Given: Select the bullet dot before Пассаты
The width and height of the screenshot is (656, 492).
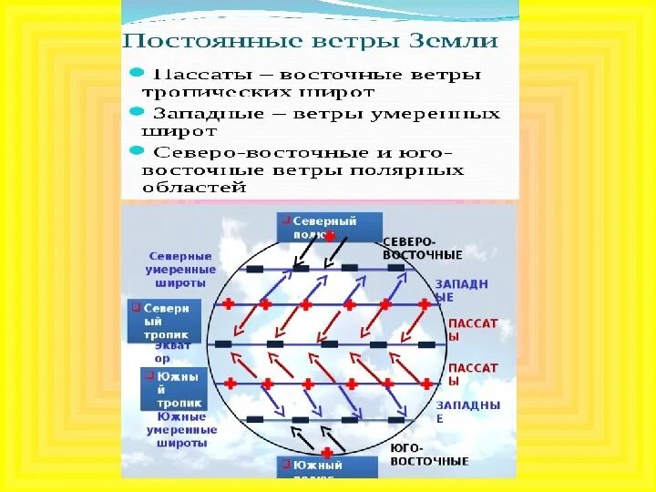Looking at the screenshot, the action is [x=135, y=70].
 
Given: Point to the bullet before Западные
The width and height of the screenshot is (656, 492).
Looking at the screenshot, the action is [x=135, y=110].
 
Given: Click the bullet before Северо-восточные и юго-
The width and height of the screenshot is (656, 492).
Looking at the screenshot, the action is [x=135, y=149].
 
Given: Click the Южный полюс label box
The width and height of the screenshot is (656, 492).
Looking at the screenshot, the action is [x=327, y=466].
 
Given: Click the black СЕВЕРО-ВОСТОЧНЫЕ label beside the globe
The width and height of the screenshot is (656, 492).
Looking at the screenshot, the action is [x=422, y=248].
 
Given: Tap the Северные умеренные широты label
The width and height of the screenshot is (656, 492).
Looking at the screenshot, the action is [x=180, y=270].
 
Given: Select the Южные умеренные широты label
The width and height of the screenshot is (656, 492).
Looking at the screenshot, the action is [x=181, y=429].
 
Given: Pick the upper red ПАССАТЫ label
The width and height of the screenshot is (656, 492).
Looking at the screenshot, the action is [x=473, y=323].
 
